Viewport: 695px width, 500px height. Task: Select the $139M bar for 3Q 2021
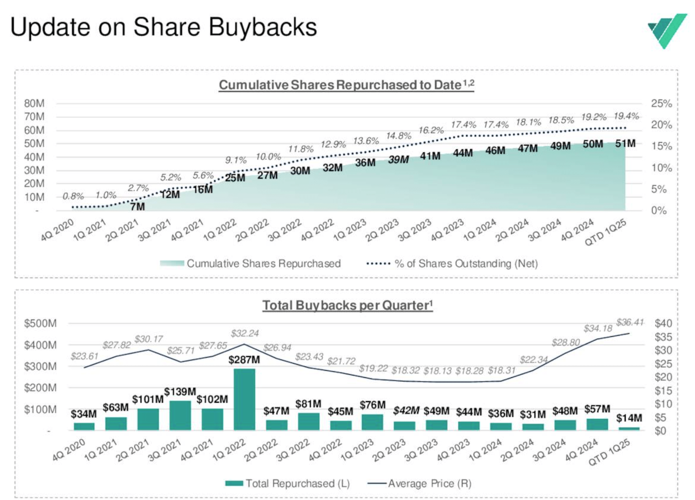[180, 415]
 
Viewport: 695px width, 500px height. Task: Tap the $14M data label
[629, 418]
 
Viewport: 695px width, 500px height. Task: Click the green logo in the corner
[667, 31]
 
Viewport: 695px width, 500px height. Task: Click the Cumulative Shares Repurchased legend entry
[250, 263]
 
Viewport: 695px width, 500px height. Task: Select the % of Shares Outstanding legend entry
[452, 263]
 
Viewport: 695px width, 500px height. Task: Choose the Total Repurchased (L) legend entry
[288, 483]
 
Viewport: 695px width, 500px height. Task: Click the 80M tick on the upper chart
[34, 103]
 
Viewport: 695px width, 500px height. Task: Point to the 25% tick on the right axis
[661, 104]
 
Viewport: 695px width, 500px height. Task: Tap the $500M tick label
[40, 323]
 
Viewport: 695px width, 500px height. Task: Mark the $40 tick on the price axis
[663, 323]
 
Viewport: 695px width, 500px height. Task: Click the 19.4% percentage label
[626, 116]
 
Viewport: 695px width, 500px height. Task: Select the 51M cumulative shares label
[625, 144]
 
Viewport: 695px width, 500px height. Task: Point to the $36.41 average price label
[630, 323]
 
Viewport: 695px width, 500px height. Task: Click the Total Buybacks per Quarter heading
[347, 305]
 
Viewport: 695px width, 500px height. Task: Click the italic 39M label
[398, 160]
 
